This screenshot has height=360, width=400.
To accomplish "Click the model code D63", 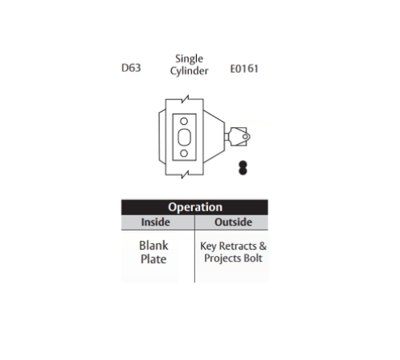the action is click(x=131, y=68).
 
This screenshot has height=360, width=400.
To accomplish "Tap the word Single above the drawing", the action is click(x=189, y=59).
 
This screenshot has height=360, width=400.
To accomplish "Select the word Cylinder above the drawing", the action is click(x=189, y=71).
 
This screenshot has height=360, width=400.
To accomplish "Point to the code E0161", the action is click(x=244, y=69).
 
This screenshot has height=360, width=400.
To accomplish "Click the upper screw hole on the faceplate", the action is click(x=184, y=122).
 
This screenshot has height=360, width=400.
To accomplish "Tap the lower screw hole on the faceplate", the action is click(x=184, y=153).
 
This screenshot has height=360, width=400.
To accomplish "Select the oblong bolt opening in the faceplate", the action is click(x=184, y=137).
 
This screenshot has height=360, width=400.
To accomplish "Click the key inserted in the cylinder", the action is click(x=238, y=137).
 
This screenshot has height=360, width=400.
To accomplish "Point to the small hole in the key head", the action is click(x=245, y=137).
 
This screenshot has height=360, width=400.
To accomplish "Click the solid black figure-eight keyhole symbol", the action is click(x=242, y=168).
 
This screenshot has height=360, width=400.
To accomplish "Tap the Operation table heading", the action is click(x=195, y=207).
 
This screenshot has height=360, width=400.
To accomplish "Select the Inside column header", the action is click(x=155, y=222).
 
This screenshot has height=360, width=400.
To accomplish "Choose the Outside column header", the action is click(x=234, y=222).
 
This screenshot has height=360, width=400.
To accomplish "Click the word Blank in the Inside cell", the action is click(x=154, y=246).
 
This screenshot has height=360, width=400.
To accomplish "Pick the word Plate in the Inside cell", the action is click(x=154, y=259).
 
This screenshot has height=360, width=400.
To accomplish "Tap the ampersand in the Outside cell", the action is click(x=262, y=246).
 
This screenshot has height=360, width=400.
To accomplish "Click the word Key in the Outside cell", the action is click(x=208, y=246).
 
